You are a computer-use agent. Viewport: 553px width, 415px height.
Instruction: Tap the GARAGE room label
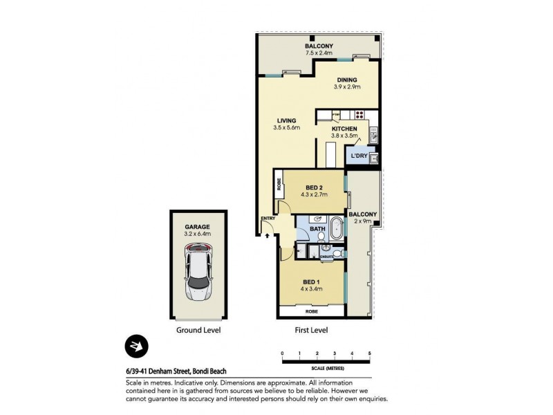[197, 226]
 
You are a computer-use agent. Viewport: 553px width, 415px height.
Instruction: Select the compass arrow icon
[135, 347]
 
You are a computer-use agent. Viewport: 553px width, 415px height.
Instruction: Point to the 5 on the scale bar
[370, 354]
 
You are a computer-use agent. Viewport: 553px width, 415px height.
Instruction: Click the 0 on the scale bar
[282, 354]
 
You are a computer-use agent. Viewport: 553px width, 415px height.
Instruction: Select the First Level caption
[310, 330]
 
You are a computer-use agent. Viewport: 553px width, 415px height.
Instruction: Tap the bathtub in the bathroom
[337, 228]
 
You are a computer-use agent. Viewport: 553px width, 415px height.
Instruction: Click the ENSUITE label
[327, 257]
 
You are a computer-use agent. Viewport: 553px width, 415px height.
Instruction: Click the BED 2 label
[313, 187]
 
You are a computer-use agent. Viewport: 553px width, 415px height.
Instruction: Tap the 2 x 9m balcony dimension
[363, 221]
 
